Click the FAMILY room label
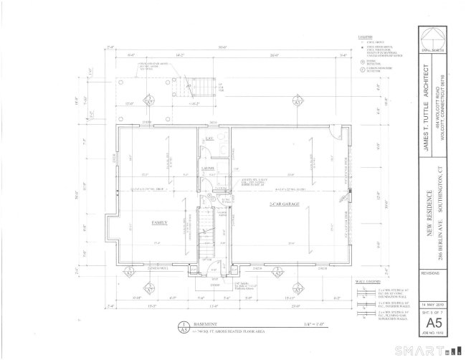158,223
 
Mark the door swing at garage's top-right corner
333,135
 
